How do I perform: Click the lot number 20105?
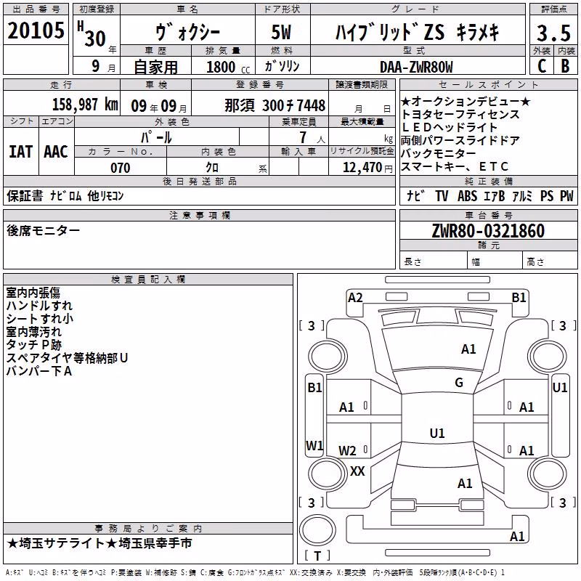pyautogui.click(x=36, y=31)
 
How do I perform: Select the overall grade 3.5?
pyautogui.click(x=553, y=33)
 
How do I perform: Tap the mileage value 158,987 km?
pyautogui.click(x=85, y=105)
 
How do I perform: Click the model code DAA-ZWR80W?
pyautogui.click(x=416, y=67)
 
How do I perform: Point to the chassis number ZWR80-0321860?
pyautogui.click(x=488, y=231)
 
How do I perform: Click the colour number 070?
pyautogui.click(x=121, y=168)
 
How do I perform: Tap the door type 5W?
pyautogui.click(x=281, y=32)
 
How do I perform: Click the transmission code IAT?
pyautogui.click(x=21, y=152)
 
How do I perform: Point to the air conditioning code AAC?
pyautogui.click(x=56, y=152)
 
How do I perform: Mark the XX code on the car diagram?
pyautogui.click(x=357, y=471)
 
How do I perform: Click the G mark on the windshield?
pyautogui.click(x=459, y=383)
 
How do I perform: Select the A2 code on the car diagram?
pyautogui.click(x=355, y=298)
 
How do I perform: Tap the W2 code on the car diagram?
pyautogui.click(x=347, y=450)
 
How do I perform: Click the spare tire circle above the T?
pyautogui.click(x=317, y=529)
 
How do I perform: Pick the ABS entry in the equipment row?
pyautogui.click(x=467, y=195)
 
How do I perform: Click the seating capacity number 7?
pyautogui.click(x=303, y=137)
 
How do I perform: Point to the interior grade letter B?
pyautogui.click(x=565, y=66)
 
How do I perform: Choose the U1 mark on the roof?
pyautogui.click(x=437, y=433)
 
